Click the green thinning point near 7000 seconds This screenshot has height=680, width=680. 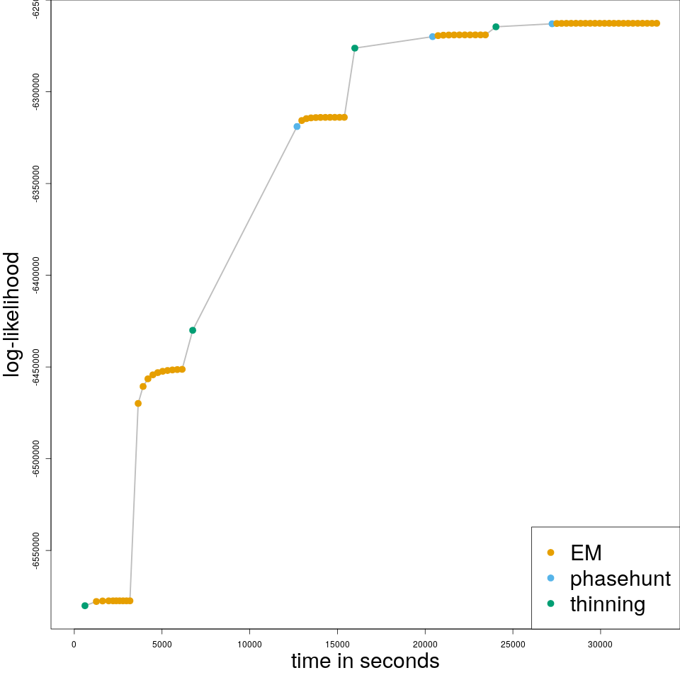pos(193,330)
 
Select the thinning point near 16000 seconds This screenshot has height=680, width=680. pos(355,48)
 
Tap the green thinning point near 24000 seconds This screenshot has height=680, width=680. pos(496,27)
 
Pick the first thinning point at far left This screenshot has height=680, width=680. pos(85,606)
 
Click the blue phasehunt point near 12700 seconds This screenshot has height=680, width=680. pos(297,126)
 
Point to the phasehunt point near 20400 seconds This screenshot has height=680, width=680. pos(432,36)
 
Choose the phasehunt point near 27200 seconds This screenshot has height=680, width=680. pos(552,24)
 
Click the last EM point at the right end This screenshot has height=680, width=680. pos(657,23)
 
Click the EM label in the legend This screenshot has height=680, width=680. pos(586,552)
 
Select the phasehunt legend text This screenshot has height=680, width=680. pos(620,579)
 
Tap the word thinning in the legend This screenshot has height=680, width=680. pos(608,604)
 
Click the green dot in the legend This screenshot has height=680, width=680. pos(551,604)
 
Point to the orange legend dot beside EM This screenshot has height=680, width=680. pos(551,552)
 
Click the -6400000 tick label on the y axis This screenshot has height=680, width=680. pos(35,276)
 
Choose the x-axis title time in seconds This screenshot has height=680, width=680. pos(365,662)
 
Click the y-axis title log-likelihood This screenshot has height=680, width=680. pos(13,315)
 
